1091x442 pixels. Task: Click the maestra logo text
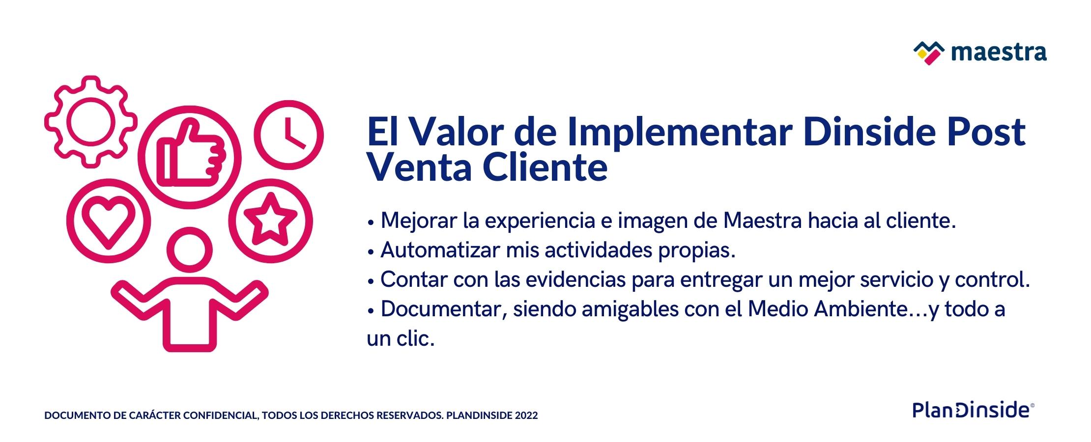999,53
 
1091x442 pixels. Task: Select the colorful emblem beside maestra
929,53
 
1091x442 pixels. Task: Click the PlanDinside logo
974,410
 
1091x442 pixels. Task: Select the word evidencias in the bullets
576,279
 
